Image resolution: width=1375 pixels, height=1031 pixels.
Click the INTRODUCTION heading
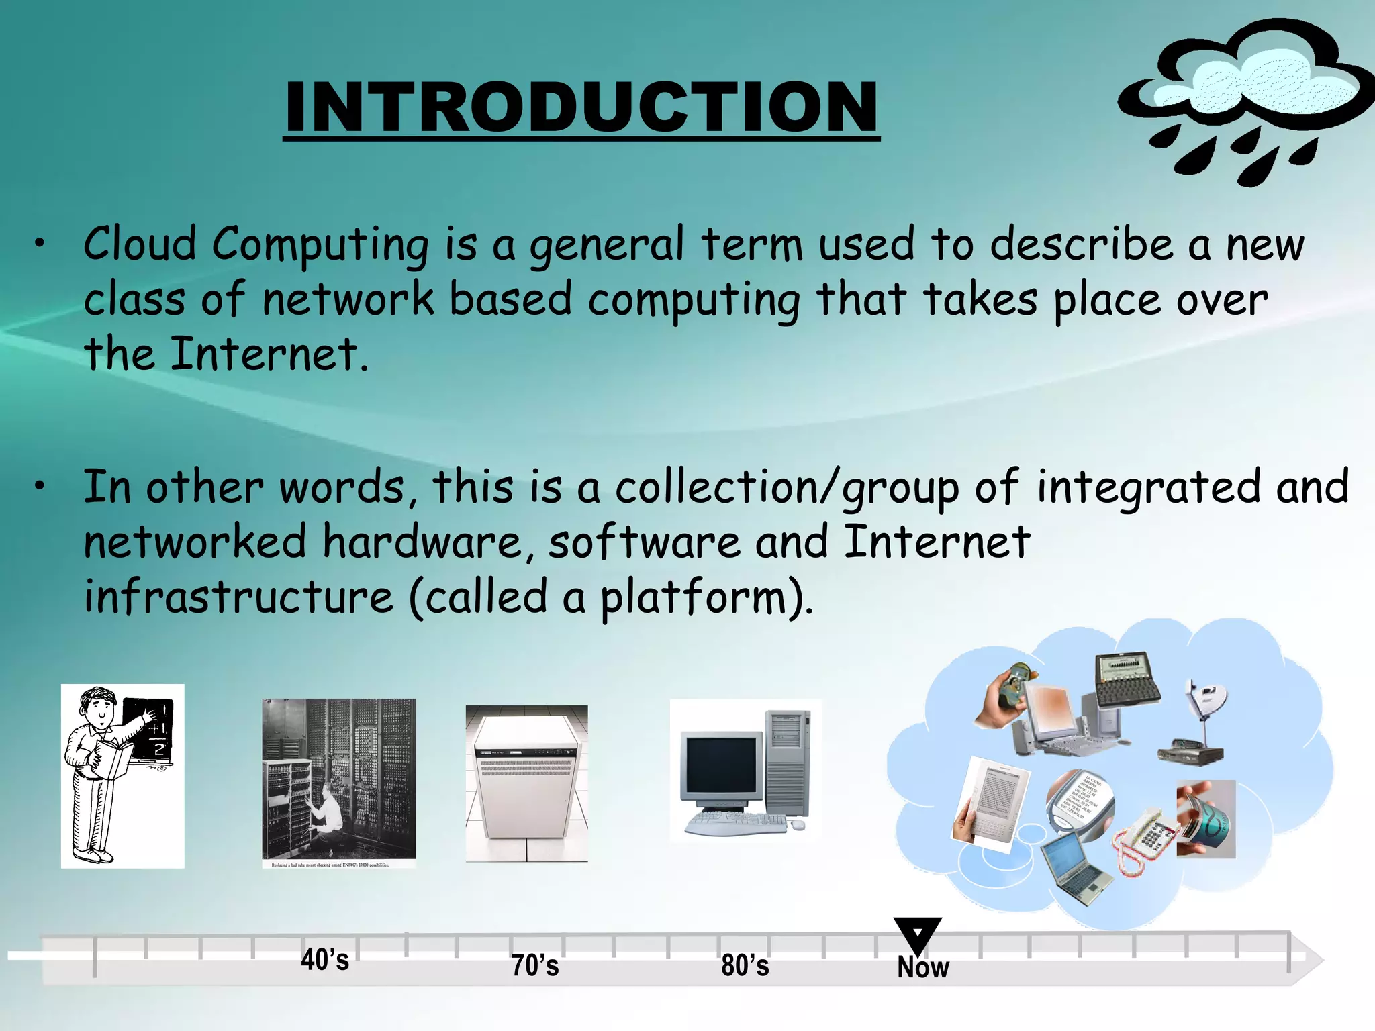pos(581,107)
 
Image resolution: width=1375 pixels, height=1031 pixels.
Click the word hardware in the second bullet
pos(422,542)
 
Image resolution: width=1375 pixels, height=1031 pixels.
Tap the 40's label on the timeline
pos(325,960)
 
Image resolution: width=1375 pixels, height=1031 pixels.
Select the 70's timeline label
pos(535,965)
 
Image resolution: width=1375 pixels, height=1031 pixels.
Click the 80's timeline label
pos(745,965)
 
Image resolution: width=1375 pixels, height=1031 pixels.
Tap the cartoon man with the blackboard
pos(122,776)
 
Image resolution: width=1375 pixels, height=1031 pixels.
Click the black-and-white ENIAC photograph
pos(338,779)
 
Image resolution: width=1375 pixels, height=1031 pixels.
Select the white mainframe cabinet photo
pos(526,783)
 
